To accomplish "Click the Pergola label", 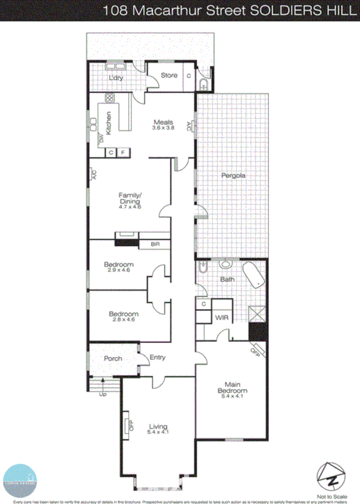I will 233,175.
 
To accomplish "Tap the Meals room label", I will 163,122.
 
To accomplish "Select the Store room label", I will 169,75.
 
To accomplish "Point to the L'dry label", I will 115,79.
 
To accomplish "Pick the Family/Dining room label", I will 130,198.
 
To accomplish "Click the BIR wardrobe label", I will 156,244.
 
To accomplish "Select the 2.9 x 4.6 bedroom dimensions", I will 119,270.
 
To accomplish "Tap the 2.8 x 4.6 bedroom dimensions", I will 123,320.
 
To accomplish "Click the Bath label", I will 227,279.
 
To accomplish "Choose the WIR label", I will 221,317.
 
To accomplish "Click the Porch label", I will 113,358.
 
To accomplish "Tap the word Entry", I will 157,357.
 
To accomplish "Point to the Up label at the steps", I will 102,395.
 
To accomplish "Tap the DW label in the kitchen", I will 100,139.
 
